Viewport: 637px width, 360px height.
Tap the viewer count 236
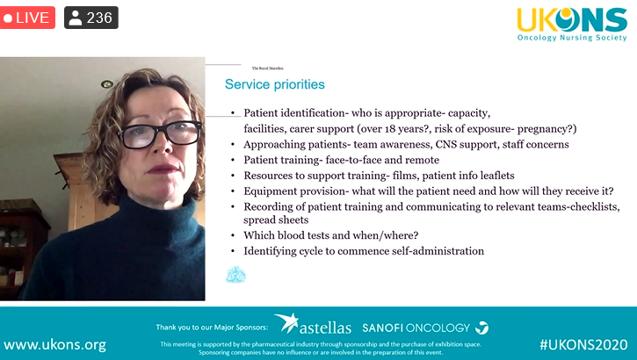point(99,18)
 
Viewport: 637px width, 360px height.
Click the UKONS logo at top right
point(571,24)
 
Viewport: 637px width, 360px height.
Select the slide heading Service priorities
point(275,85)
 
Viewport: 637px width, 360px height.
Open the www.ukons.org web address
point(54,344)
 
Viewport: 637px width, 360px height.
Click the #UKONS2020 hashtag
point(583,344)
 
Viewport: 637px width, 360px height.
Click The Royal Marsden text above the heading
point(267,68)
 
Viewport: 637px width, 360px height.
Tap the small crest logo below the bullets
point(235,276)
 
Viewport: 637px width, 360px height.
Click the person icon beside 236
point(76,18)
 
